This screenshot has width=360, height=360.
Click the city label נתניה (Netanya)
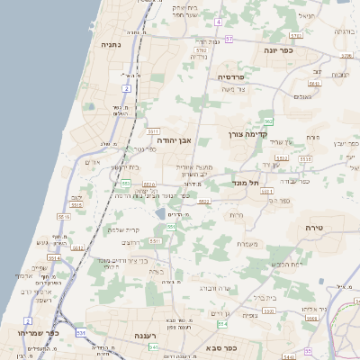pyautogui.click(x=112, y=43)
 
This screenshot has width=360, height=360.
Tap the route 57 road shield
pyautogui.click(x=229, y=40)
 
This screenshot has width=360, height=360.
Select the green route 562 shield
pyautogui.click(x=267, y=121)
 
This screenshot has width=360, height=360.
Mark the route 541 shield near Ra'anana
pyautogui.click(x=154, y=346)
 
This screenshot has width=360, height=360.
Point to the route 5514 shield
pyautogui.click(x=55, y=258)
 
